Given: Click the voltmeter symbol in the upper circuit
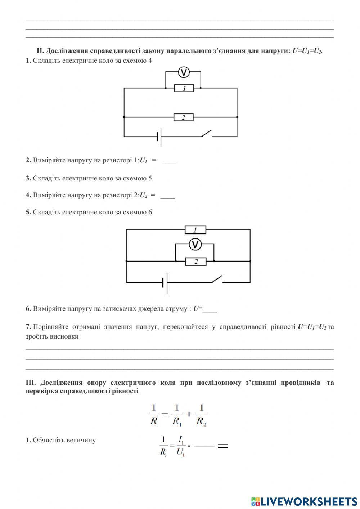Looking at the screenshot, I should [x=184, y=72].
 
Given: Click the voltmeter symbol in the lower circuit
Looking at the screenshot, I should [x=195, y=245].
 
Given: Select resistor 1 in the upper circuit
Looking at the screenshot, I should [x=184, y=88].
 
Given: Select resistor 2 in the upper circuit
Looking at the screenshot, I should [x=184, y=117].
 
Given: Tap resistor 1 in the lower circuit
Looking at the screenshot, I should [x=195, y=230].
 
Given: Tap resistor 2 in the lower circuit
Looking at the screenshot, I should [x=196, y=262].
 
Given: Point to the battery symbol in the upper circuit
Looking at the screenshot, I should [x=159, y=137].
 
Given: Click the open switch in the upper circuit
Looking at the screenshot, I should [x=206, y=134].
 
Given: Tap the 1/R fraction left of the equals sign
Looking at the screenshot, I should [x=154, y=414].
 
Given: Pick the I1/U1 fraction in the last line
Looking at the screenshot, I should [x=181, y=446].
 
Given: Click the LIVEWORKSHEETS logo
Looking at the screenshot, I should [x=304, y=501].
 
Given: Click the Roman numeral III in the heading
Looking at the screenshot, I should [x=31, y=383].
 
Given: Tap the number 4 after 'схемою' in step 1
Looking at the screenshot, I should [x=150, y=61].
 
